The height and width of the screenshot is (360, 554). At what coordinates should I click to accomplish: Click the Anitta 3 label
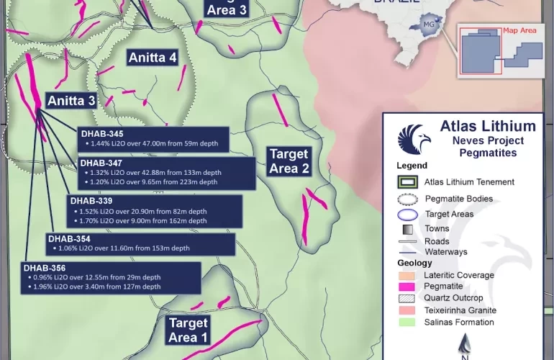click(x=71, y=101)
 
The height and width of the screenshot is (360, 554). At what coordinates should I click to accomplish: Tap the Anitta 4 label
click(x=152, y=58)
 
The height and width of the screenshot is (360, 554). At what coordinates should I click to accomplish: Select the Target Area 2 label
click(x=289, y=161)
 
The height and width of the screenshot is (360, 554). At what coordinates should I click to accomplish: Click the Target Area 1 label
click(x=188, y=330)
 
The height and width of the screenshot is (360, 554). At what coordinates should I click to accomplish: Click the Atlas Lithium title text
click(x=487, y=127)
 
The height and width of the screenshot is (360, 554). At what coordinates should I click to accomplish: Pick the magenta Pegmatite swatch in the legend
click(x=408, y=287)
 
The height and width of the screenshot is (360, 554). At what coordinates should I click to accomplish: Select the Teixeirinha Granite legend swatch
click(x=408, y=310)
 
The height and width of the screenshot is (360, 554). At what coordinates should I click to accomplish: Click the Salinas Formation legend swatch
click(x=408, y=322)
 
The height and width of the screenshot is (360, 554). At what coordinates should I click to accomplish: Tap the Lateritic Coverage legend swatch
click(x=408, y=275)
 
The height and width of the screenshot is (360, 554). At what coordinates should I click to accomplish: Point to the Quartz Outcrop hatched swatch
click(x=408, y=298)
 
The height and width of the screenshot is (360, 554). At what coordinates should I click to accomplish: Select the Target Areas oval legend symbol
click(x=408, y=214)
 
